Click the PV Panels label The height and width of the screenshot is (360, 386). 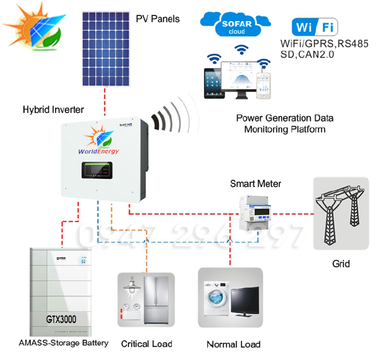[x=157, y=19]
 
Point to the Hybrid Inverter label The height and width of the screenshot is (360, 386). [x=53, y=110]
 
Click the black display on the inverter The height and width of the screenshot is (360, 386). [x=96, y=169]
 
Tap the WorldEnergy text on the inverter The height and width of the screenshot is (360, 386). [x=98, y=151]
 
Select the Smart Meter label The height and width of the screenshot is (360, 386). [x=255, y=183]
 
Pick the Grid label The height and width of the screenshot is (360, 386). [x=340, y=264]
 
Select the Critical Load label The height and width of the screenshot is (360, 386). [x=146, y=344]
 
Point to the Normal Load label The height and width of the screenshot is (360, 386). [x=233, y=345]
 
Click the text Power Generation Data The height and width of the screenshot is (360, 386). [x=285, y=118]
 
